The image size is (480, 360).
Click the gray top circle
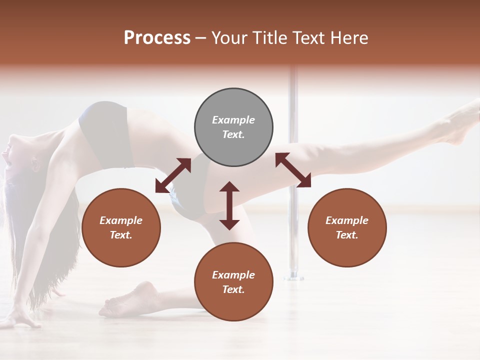[233, 127]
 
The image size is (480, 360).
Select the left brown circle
[121, 228]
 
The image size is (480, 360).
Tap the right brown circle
[347, 228]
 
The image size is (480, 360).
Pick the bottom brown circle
[233, 281]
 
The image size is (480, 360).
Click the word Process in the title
[157, 38]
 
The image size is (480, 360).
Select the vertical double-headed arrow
[229, 205]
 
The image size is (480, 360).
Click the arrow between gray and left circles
[173, 175]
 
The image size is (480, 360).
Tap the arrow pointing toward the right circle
[293, 170]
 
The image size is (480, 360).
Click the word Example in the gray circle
[233, 120]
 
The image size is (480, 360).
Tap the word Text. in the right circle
[347, 235]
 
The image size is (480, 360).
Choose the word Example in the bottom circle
[233, 275]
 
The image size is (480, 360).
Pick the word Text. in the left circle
[121, 235]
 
